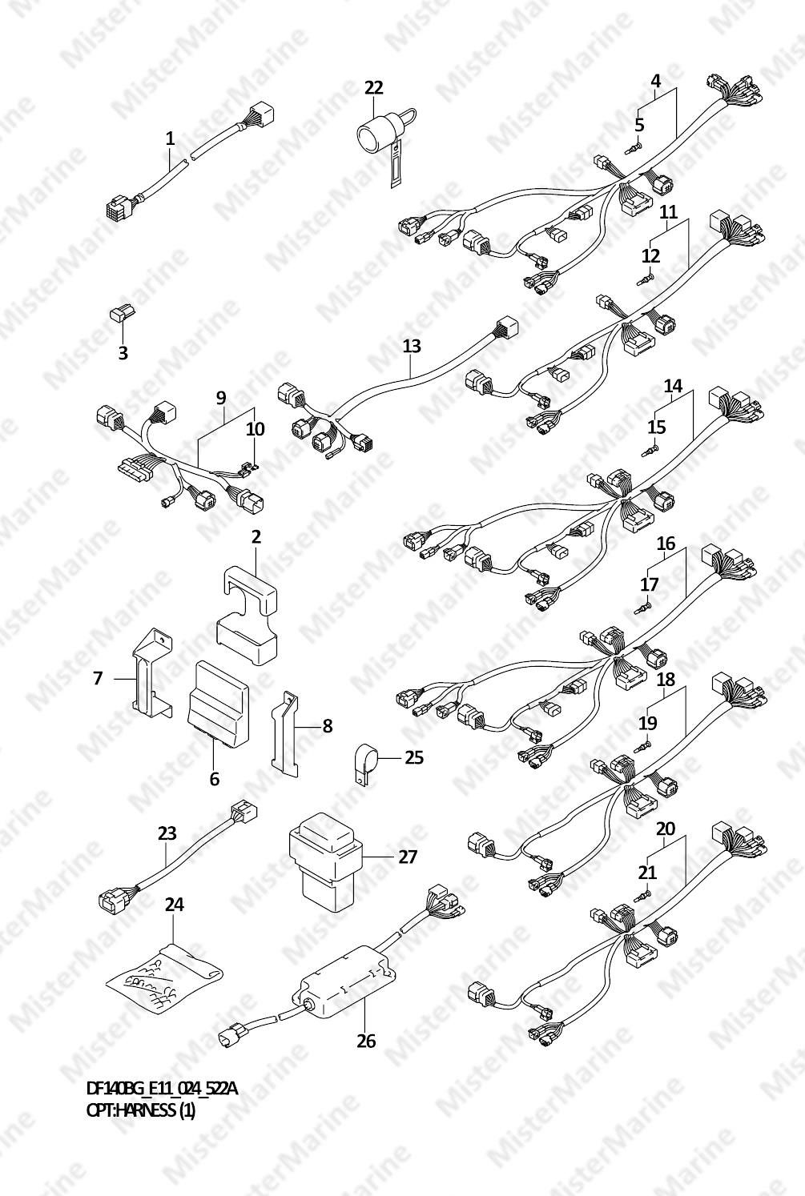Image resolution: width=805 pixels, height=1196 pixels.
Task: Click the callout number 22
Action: [374, 87]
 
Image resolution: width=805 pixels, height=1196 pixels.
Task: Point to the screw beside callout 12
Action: [646, 279]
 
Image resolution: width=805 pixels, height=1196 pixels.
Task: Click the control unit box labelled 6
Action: [217, 704]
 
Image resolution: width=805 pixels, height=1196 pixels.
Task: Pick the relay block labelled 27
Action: [326, 862]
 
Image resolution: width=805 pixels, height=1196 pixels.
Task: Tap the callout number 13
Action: [412, 346]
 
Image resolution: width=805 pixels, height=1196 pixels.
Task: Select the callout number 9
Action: [221, 398]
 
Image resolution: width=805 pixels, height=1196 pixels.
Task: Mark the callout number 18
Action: [666, 679]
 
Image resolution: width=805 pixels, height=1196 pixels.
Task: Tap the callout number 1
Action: [170, 138]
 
